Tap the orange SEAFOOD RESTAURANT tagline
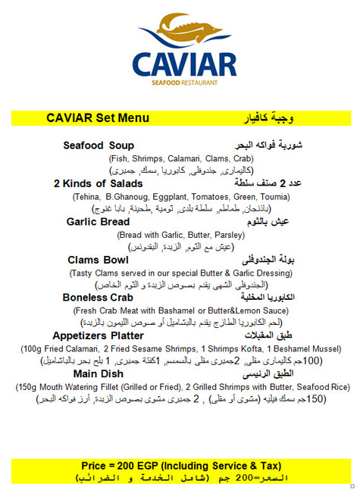[x=184, y=82]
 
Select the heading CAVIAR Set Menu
[x=97, y=119]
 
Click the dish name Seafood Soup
[x=99, y=145]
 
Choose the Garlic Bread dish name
[x=99, y=222]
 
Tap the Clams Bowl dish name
[x=99, y=260]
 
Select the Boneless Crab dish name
[x=98, y=298]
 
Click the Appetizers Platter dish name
[x=97, y=336]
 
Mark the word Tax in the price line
[x=265, y=464]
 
